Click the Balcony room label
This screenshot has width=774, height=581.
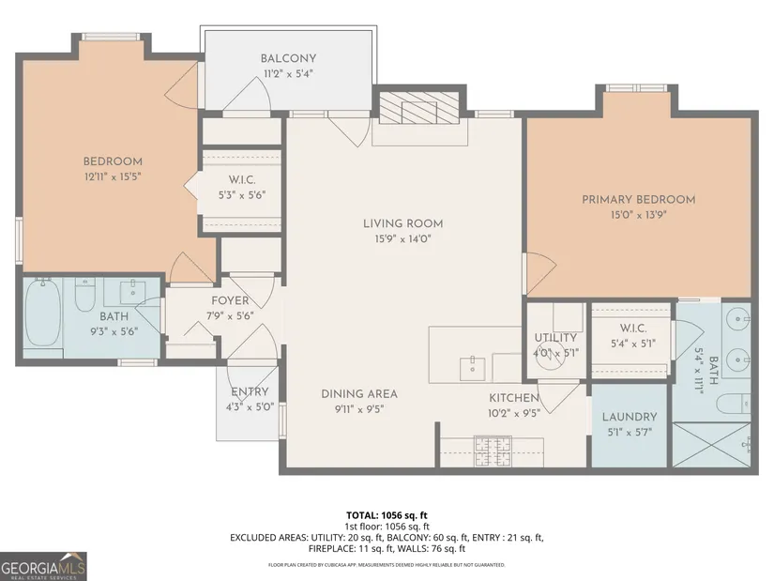pos(288,58)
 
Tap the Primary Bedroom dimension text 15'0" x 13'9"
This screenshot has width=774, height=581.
pos(638,215)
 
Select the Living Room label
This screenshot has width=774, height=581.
pos(402,223)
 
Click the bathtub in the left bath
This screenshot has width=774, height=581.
pos(43,313)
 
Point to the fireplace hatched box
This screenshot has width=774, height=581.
pos(419,108)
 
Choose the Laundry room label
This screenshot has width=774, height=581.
pos(630,417)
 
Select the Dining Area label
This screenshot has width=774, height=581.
pos(359,394)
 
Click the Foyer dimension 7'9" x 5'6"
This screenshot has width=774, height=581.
pos(230,315)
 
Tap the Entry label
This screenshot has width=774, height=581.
pos(250,391)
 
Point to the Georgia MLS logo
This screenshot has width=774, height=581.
pos(43,566)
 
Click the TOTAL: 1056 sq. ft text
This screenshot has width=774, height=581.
pos(387,516)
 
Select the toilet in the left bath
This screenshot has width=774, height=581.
pos(84,296)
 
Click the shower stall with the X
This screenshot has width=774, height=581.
pos(712,445)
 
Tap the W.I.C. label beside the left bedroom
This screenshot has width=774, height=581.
pos(242,179)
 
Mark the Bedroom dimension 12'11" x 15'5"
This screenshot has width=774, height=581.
pos(113,176)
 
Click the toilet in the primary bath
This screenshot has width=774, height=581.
pos(733,404)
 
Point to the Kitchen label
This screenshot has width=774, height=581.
pos(514,398)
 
